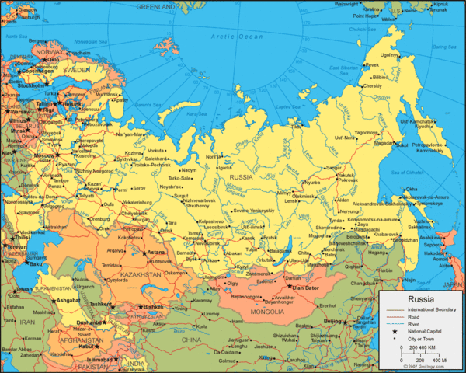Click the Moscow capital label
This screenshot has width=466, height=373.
coord(43,156)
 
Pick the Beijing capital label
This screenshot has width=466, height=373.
coord(332,321)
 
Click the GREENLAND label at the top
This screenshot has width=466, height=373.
coord(155,6)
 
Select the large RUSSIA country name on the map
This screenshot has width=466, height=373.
coord(241,177)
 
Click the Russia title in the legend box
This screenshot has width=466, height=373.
coord(421,299)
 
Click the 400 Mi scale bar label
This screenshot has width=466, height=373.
coord(439,361)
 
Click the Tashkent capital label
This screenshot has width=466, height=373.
coord(101,304)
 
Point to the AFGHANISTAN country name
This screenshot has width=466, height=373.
coord(83,339)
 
